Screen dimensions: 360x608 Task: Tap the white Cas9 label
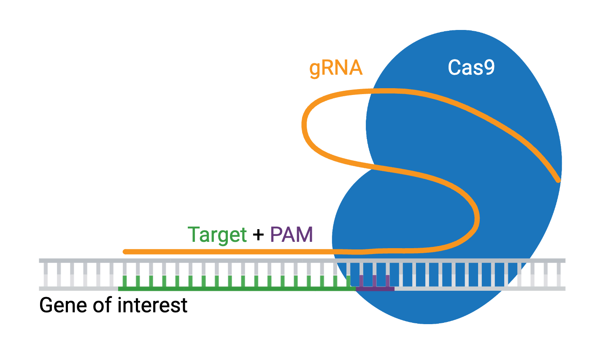click(x=471, y=68)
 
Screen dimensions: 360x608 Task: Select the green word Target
click(x=217, y=235)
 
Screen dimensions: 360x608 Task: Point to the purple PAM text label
click(x=291, y=235)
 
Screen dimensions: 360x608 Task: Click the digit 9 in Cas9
click(x=489, y=68)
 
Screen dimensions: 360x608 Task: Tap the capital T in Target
click(x=194, y=234)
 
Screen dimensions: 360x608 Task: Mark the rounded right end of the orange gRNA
click(x=558, y=180)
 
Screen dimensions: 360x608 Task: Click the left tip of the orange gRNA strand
click(x=125, y=252)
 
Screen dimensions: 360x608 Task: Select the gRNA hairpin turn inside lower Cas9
click(x=477, y=219)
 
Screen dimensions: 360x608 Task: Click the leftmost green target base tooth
click(x=124, y=281)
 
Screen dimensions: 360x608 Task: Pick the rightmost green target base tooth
click(x=349, y=281)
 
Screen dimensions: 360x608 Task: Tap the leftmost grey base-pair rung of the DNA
click(x=46, y=274)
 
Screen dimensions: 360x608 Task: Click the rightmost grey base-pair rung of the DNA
click(x=559, y=274)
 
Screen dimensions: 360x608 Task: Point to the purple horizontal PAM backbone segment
click(x=376, y=289)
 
